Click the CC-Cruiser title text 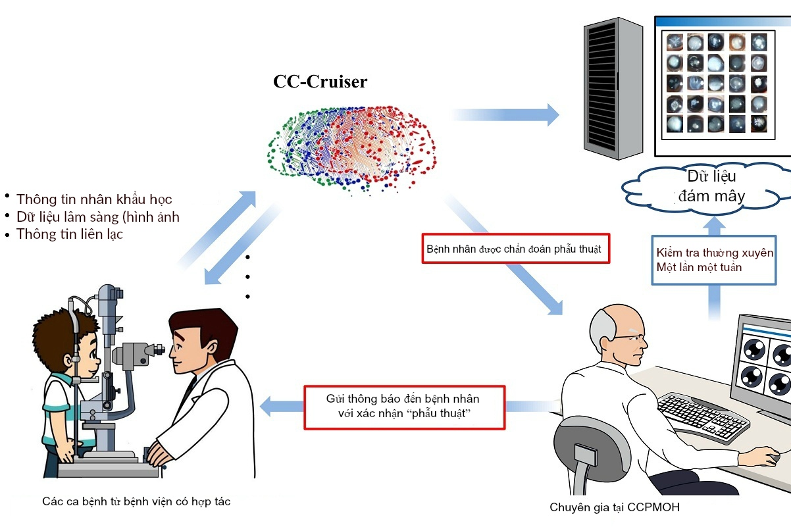(x=320, y=82)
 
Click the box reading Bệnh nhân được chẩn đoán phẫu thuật (x=516, y=249)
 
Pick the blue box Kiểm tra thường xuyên (x=715, y=260)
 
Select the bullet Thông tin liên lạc (x=69, y=234)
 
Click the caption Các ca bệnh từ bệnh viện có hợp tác (x=136, y=501)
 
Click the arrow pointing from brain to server (x=507, y=114)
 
